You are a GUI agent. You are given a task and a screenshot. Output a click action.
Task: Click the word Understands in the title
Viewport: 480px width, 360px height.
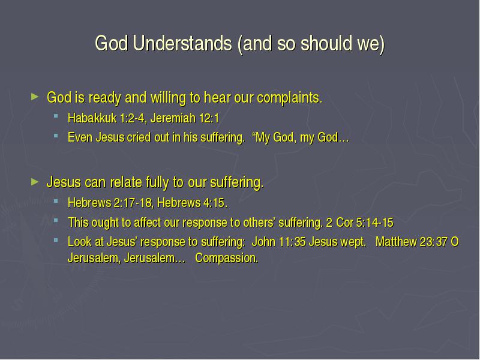coord(182,43)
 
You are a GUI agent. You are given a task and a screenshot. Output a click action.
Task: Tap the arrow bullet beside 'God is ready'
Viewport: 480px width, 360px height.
coord(35,97)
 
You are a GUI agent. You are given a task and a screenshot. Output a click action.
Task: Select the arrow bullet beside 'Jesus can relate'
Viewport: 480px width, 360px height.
coord(35,182)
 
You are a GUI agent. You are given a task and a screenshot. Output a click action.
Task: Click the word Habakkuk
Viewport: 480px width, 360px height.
coord(92,118)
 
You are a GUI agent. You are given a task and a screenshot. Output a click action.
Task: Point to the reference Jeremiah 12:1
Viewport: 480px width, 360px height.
coord(185,118)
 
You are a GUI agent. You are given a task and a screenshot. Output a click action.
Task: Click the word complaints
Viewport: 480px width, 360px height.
coord(290,98)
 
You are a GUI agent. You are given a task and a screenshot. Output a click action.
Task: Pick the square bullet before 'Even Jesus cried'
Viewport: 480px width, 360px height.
coord(56,136)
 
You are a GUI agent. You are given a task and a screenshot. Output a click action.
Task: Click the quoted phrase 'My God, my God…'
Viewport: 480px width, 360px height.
coord(301,137)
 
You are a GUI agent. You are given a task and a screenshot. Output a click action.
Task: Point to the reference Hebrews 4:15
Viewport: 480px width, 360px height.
coord(192,203)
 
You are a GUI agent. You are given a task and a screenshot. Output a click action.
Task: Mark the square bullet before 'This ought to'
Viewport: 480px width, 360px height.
coord(56,220)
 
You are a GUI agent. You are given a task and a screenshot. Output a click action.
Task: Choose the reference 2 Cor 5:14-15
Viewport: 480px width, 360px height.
coord(359,223)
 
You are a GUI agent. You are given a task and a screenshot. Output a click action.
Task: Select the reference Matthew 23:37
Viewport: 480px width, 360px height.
coord(412,242)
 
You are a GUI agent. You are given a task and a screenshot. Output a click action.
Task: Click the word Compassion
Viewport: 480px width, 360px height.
coord(227,258)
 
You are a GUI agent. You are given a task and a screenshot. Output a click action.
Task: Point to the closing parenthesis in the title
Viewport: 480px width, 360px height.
coord(382,44)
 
